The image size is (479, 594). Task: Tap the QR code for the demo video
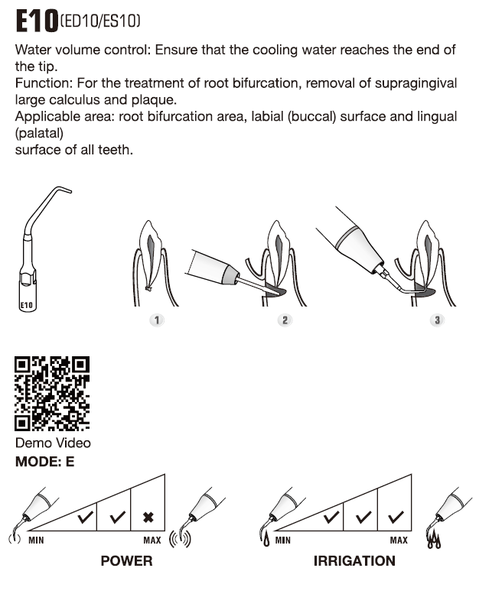click(52, 393)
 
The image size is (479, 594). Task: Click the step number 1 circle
click(157, 320)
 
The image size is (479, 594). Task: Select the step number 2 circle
click(285, 320)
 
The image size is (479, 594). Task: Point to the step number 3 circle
click(437, 320)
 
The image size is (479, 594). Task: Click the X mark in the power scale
click(148, 518)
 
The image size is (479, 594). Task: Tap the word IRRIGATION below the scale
click(354, 561)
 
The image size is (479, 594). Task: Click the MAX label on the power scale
click(152, 540)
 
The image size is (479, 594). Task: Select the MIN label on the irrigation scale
click(283, 540)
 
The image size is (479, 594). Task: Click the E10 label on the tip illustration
click(27, 305)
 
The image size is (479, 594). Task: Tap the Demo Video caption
click(53, 443)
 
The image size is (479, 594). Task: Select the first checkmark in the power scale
click(86, 518)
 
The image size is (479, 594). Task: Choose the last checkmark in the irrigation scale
click(396, 518)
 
